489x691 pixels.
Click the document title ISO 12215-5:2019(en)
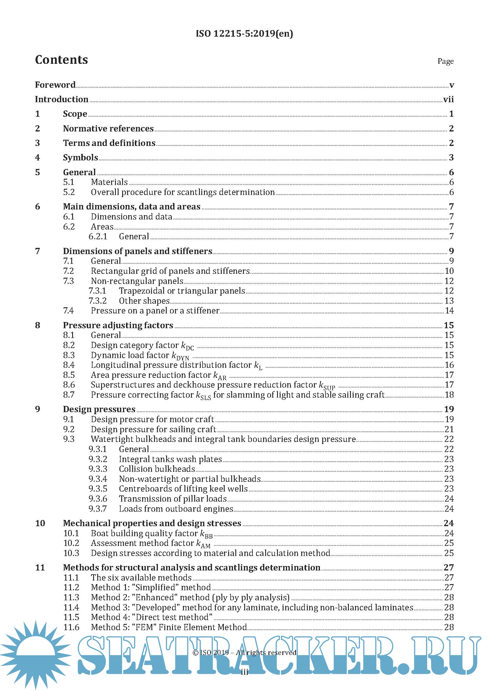coord(244,33)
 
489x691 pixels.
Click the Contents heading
coord(61,60)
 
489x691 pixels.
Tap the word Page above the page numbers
coord(445,61)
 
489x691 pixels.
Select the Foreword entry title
coord(55,85)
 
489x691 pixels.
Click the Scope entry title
coord(75,114)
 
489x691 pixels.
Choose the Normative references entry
coord(108,129)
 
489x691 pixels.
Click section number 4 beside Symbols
coord(37,157)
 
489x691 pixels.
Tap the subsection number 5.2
coord(69,192)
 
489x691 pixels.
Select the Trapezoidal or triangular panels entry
coord(182,291)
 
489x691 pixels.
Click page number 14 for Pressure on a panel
coord(449,310)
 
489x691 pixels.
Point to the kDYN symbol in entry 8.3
coord(180,356)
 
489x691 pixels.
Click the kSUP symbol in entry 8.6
coord(327,386)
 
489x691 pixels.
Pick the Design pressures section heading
coord(99,409)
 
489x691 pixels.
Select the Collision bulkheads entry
coord(157,469)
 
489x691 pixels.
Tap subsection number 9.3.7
coord(98,509)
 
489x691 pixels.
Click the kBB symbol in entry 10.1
coord(207,534)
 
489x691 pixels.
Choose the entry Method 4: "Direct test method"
coord(151,617)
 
